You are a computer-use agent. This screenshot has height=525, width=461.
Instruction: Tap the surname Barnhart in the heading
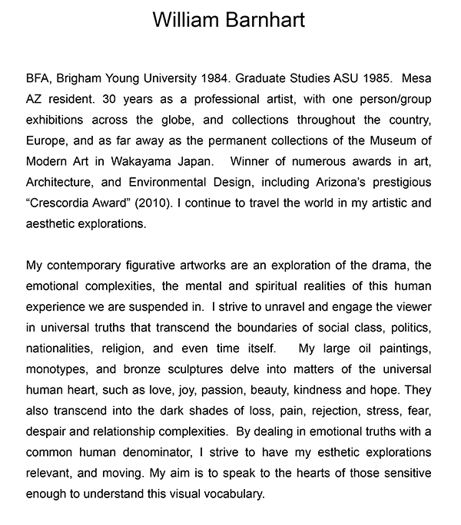click(265, 20)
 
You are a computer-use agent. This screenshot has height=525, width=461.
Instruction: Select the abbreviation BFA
click(38, 79)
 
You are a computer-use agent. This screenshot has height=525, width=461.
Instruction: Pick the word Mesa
click(417, 79)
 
